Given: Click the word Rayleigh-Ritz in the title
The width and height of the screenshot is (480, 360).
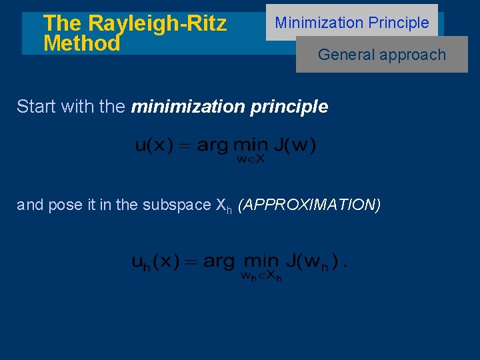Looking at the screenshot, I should [157, 23].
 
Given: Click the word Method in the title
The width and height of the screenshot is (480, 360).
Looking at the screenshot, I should [81, 44].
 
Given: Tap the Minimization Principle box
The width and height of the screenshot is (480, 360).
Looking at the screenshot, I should [352, 23].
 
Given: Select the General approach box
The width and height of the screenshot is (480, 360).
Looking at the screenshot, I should [382, 55].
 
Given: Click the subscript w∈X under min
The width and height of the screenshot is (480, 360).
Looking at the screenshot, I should [251, 159].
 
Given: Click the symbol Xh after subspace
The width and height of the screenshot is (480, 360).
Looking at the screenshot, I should [224, 206].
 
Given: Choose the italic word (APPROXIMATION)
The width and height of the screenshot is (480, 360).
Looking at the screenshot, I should [309, 205].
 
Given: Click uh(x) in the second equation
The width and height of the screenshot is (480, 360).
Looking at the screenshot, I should [155, 261].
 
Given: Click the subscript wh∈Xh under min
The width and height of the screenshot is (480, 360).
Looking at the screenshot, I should [261, 275].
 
